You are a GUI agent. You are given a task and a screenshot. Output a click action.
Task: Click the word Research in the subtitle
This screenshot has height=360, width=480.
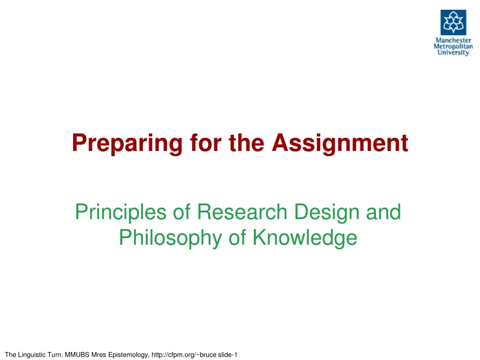(x=241, y=212)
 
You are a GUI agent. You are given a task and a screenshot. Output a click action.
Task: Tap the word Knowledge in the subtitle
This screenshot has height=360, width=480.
(x=305, y=238)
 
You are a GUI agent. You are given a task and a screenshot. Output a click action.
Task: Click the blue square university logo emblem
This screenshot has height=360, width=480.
(x=453, y=22)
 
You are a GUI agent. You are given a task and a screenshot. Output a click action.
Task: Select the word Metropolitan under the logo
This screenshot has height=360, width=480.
(x=453, y=46)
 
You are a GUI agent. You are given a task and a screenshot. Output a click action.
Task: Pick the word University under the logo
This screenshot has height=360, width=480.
(x=453, y=52)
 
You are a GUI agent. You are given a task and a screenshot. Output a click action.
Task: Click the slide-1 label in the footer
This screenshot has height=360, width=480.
(x=228, y=354)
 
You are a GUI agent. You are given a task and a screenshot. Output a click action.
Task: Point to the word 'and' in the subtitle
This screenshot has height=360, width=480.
(x=385, y=212)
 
